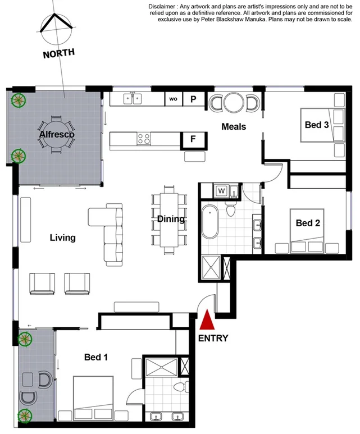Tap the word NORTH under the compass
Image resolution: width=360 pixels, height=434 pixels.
[x=59, y=54]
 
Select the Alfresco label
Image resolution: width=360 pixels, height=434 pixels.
[x=57, y=135]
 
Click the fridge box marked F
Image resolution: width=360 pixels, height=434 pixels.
[x=193, y=139]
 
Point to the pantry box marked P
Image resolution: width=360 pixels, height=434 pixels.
[x=193, y=99]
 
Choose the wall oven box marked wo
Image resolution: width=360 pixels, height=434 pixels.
[x=174, y=99]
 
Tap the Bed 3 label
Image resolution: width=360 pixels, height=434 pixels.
[x=316, y=125]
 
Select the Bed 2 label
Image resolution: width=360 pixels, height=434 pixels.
[x=308, y=223]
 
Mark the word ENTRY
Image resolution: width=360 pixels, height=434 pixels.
[x=213, y=338]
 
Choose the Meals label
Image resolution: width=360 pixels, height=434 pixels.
[x=234, y=126]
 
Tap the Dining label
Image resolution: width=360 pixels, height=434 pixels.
[x=171, y=219]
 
